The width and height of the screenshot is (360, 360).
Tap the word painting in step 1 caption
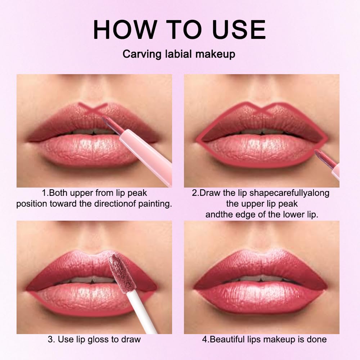click(153, 204)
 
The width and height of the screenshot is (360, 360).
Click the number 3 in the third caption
click(50, 339)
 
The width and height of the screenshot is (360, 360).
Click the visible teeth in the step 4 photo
click(260, 278)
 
